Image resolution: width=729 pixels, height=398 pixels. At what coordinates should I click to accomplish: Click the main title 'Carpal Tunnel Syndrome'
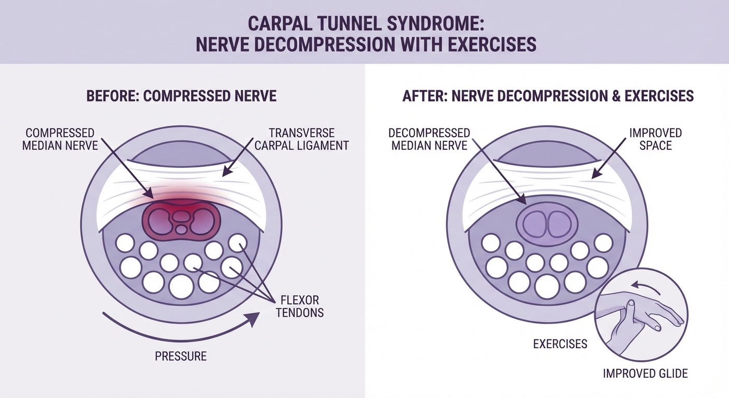(364, 24)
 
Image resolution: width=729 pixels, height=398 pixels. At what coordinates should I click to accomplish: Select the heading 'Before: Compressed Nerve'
(182, 96)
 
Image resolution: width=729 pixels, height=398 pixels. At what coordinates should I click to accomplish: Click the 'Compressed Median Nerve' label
(60, 139)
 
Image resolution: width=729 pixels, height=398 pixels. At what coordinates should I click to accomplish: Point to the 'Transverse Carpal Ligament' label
(301, 139)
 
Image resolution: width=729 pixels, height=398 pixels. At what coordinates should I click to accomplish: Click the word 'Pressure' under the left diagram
(181, 356)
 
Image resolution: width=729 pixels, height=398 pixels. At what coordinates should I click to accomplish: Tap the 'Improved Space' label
(655, 139)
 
